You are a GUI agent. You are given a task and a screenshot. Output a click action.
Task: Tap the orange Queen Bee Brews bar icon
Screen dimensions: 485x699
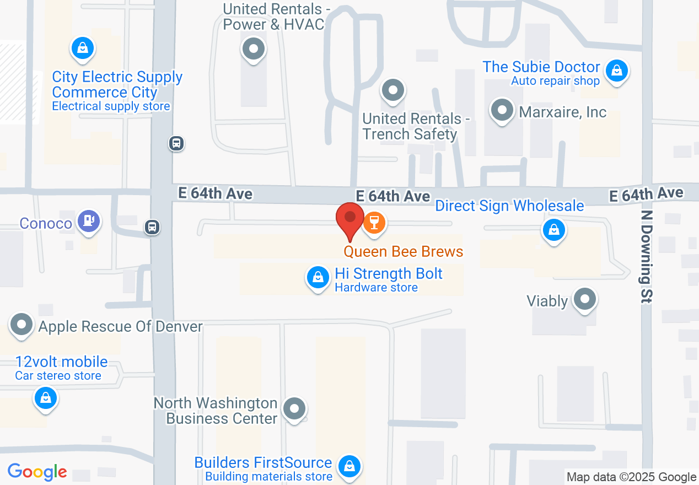click(x=374, y=223)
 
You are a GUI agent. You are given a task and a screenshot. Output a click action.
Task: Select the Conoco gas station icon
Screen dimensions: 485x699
click(x=88, y=221)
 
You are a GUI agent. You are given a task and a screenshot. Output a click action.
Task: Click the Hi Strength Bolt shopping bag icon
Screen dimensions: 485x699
click(x=318, y=277)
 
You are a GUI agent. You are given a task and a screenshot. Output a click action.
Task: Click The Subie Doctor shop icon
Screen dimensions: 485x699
click(x=617, y=71)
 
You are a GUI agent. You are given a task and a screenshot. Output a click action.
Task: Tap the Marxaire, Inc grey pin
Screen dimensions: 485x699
click(x=502, y=110)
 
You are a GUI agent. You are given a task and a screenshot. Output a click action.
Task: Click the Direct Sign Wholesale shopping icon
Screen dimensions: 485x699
click(x=553, y=230)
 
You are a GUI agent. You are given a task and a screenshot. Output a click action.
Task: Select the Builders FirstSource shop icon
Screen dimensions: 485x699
click(x=349, y=466)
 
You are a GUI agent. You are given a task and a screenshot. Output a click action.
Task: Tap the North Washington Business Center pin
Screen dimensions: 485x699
click(x=294, y=409)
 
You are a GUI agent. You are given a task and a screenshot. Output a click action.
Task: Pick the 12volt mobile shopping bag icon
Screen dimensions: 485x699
click(x=46, y=397)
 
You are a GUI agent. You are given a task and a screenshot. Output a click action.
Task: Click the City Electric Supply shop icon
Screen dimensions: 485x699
click(x=83, y=48)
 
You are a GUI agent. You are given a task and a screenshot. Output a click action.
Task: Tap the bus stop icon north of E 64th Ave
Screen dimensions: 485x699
click(x=176, y=144)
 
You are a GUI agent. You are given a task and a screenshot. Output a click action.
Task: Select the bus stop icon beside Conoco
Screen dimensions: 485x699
click(x=152, y=227)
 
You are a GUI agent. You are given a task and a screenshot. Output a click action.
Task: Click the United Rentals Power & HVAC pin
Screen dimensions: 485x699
click(x=254, y=49)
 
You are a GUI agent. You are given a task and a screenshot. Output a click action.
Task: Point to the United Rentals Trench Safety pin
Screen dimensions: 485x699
click(x=393, y=89)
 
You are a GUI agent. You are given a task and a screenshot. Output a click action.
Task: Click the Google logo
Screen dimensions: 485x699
click(x=37, y=472)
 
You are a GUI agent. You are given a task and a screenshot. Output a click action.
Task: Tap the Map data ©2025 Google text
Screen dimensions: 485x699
click(x=631, y=477)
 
